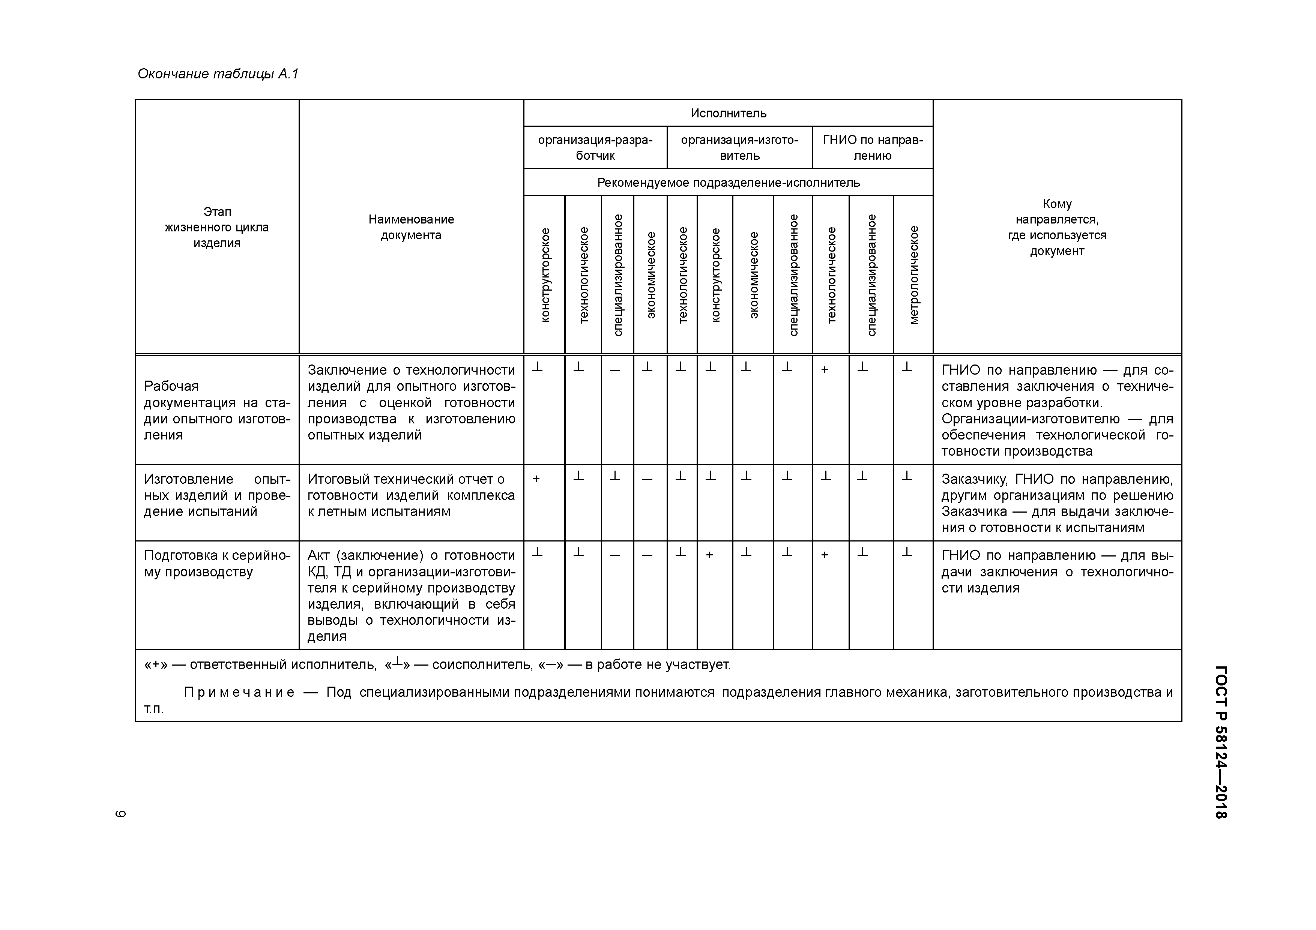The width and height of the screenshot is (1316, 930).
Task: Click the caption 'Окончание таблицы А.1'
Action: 218,74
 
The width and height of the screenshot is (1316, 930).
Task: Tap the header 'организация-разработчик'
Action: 595,148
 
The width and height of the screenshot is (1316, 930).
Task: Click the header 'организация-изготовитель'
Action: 739,148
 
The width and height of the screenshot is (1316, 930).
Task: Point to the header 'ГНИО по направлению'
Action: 872,148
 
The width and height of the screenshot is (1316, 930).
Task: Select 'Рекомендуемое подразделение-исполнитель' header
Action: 728,183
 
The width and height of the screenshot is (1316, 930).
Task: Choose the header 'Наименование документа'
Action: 411,227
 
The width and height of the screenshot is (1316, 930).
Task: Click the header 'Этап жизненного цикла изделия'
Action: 217,227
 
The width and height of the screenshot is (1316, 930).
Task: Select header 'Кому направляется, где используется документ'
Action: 1057,227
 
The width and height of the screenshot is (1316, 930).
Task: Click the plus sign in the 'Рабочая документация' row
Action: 825,370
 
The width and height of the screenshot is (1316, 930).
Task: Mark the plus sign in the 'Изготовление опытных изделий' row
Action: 536,479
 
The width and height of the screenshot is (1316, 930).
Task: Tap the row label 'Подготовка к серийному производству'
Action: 217,563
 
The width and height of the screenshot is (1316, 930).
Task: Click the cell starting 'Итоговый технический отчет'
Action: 411,495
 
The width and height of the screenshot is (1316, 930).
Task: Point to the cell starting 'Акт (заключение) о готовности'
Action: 411,595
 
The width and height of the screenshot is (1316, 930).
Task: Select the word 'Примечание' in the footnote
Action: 239,692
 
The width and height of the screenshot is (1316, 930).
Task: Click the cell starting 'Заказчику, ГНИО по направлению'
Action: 1057,503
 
